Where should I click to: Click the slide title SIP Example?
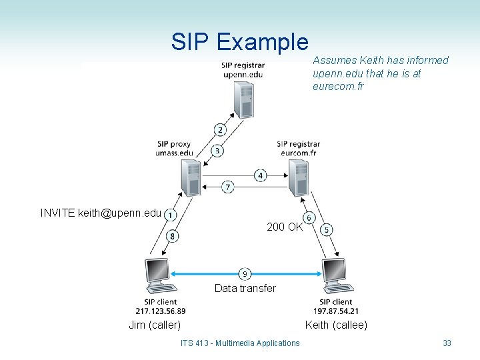(x=239, y=41)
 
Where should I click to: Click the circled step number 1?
(x=170, y=215)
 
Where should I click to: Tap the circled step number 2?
(x=220, y=129)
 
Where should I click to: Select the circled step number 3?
(x=217, y=151)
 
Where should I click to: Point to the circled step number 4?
(x=261, y=175)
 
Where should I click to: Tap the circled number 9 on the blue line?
(x=245, y=273)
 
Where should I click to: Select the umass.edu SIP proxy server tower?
(x=190, y=177)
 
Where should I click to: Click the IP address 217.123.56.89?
(x=160, y=311)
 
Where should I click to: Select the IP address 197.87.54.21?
(x=336, y=311)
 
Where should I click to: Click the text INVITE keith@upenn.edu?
(x=101, y=213)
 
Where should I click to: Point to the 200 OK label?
(x=285, y=227)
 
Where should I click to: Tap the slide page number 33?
(x=447, y=343)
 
